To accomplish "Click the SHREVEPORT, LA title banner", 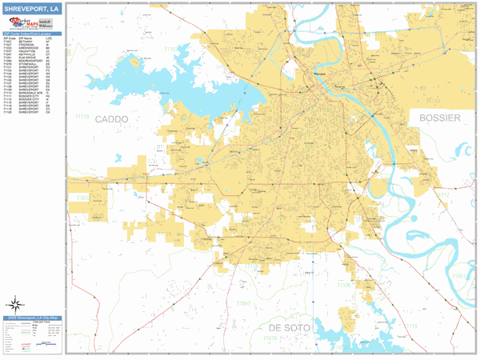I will click(x=32, y=9).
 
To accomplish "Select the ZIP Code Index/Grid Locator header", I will click(x=33, y=34).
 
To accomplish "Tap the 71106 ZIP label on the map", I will click(x=342, y=284).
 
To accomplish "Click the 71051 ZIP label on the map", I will click(x=459, y=276).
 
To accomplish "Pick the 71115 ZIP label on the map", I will click(x=411, y=329).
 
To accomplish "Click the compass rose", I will click(x=14, y=304).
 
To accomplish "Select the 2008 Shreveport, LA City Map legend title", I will click(x=33, y=318).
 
